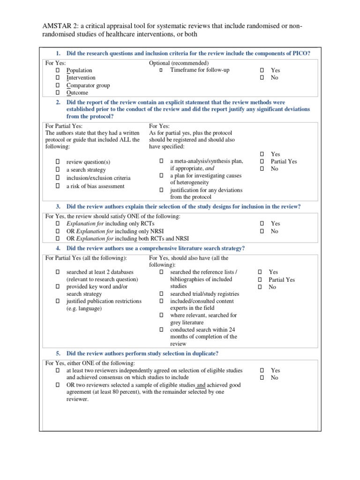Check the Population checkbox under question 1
coord(58,70)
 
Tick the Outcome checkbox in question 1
coord(58,93)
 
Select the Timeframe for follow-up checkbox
coord(160,70)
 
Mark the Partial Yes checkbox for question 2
coord(262,161)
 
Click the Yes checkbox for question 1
coord(262,70)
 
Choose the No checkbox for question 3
coord(262,231)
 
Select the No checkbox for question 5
coord(262,377)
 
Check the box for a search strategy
coord(58,170)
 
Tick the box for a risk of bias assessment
coord(58,186)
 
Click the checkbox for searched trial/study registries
coord(161,294)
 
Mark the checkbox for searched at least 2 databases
coord(58,272)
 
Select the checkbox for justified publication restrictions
coord(58,301)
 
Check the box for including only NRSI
coord(58,231)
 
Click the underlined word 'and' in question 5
coord(201,385)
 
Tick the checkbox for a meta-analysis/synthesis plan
coord(161,161)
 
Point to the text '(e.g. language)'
coord(84,308)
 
